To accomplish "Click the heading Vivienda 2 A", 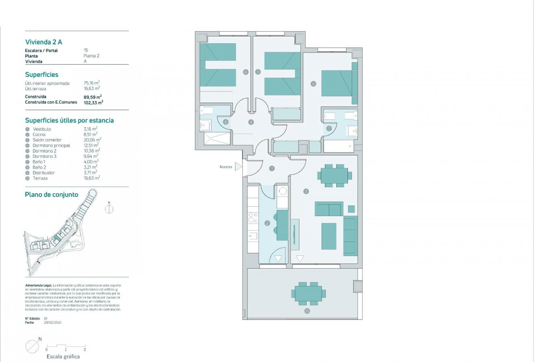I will (43, 42).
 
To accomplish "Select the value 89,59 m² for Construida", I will (92, 97).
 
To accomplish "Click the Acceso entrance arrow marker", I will (239, 166).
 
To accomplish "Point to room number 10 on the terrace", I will (307, 311).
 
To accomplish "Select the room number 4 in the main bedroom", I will (313, 84).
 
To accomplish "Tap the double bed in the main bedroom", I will (337, 83).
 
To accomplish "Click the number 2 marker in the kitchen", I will (267, 223).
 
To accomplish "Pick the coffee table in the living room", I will (329, 236).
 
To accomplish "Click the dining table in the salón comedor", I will (335, 176).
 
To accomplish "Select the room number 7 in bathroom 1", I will (329, 128).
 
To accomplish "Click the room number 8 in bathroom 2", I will (225, 122).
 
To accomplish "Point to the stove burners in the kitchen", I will (253, 218).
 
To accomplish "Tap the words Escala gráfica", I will (63, 356).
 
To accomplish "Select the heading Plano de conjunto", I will (51, 195).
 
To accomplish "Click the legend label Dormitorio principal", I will (51, 145).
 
